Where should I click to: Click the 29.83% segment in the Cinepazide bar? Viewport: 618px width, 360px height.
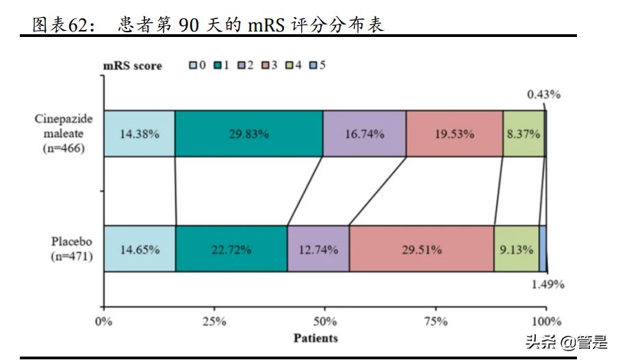coord(248,133)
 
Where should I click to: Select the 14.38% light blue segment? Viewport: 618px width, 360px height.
coord(139,133)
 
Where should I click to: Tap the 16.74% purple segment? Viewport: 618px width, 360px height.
coord(364,133)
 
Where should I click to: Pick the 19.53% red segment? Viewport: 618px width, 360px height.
coord(454,133)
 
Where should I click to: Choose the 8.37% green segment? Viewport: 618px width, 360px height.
coord(524,133)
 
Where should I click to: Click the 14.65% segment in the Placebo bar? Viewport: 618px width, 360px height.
coord(140,249)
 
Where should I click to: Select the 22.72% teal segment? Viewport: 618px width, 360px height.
coord(231,249)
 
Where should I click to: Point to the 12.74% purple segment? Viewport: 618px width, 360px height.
coord(318,249)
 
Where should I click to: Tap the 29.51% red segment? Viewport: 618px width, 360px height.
coord(422,249)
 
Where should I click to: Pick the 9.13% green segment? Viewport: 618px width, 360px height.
coord(516,249)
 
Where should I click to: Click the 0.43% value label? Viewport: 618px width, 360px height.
coord(543,94)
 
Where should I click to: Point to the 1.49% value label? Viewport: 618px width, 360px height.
coord(548,285)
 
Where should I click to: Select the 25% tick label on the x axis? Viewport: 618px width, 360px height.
coord(214,322)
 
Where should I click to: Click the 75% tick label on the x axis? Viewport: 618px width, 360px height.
coord(436,322)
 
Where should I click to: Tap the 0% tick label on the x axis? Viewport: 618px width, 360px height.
coord(104,322)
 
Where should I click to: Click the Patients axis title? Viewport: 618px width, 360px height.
coord(316,337)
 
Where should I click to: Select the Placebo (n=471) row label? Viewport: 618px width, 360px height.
coord(72,249)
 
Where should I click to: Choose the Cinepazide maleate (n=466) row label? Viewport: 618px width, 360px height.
coord(64,133)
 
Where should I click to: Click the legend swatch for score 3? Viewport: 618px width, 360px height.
coord(266,66)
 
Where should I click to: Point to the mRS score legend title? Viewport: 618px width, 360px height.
coord(133,66)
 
